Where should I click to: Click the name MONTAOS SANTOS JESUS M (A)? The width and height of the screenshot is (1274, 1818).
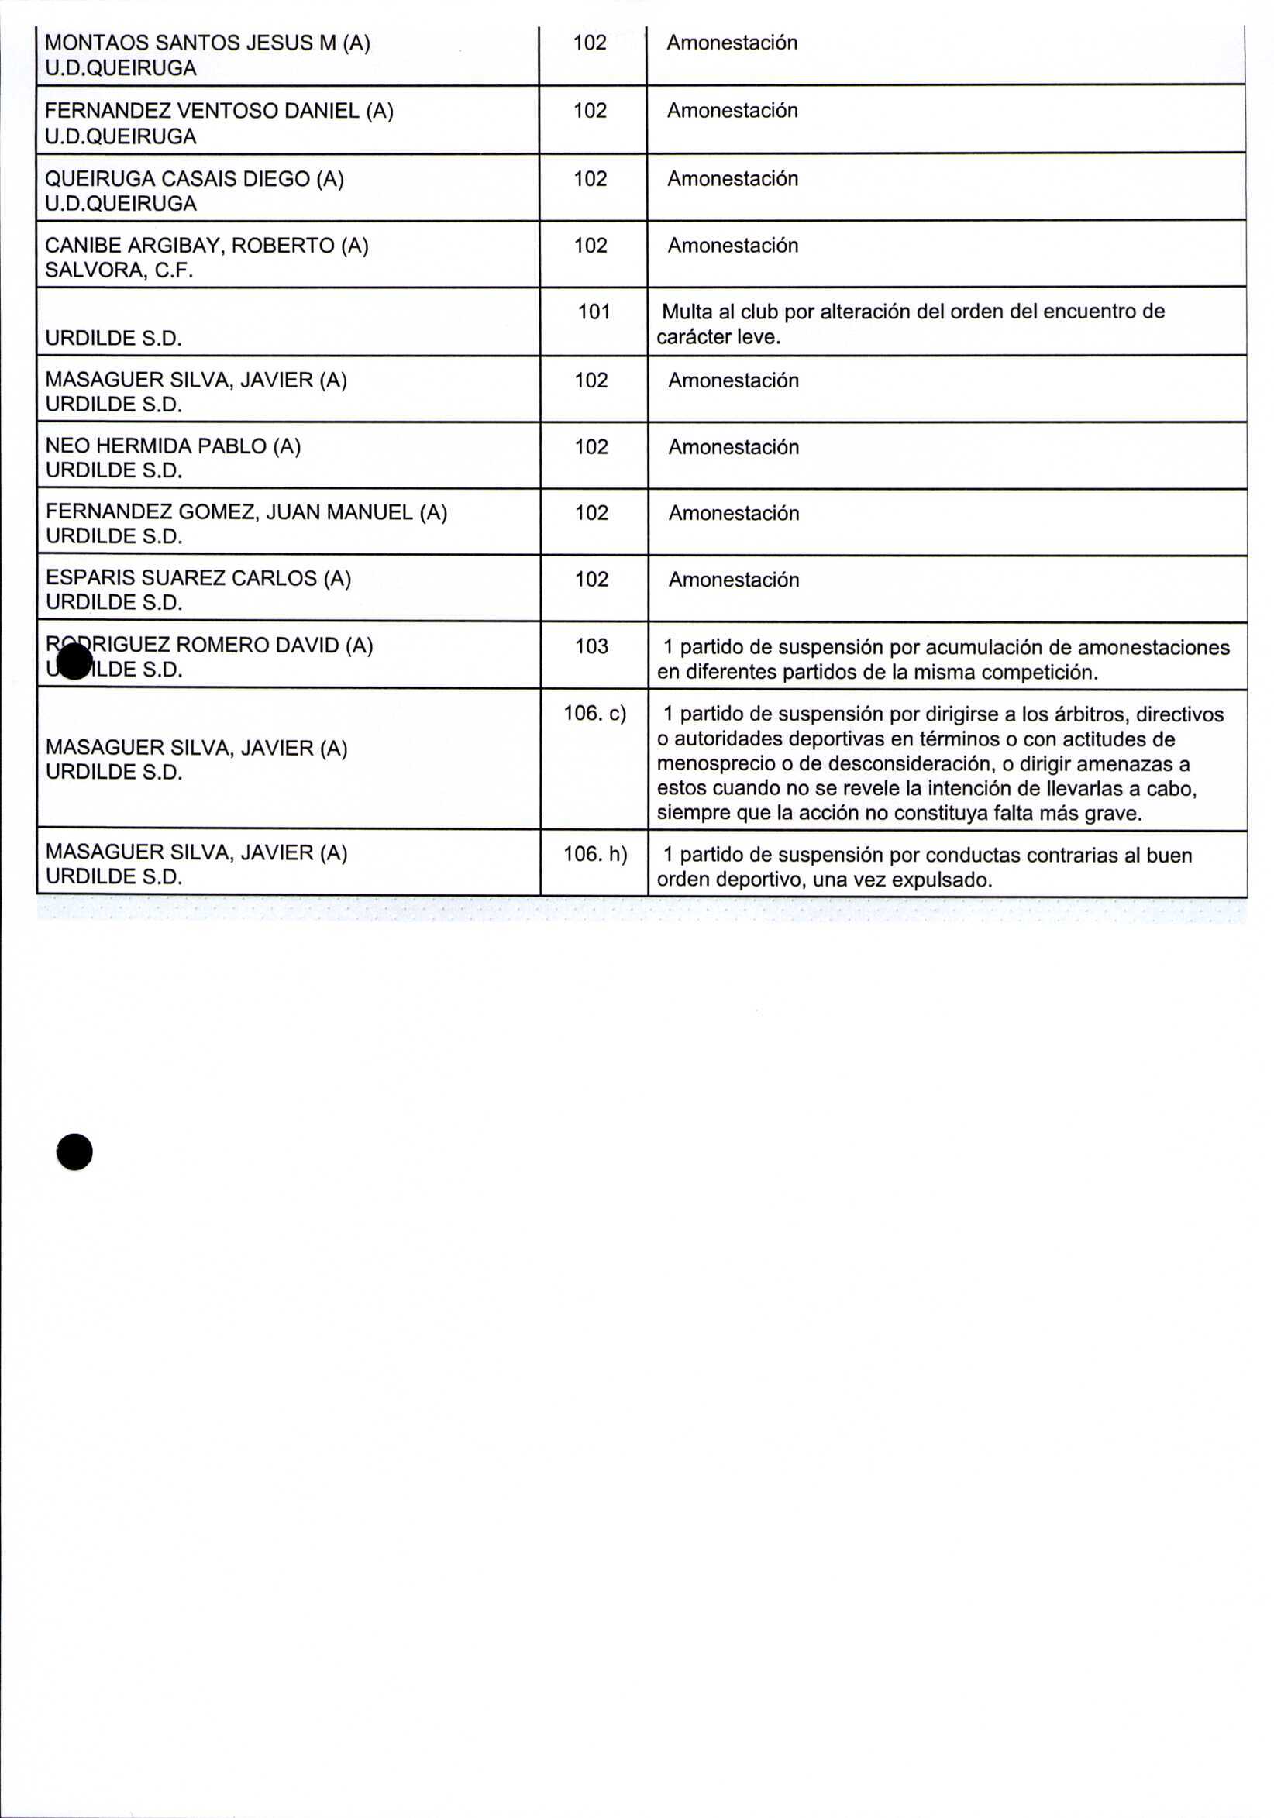tap(208, 43)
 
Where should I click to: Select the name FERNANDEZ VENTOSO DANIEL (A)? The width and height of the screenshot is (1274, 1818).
tap(219, 111)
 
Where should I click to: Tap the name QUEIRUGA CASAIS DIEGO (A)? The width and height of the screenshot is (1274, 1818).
tap(194, 179)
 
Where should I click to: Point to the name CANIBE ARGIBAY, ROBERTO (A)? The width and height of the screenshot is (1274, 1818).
tap(207, 246)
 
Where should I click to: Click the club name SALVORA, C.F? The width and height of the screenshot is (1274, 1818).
tap(119, 270)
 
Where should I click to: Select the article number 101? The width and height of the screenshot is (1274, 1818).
tap(594, 312)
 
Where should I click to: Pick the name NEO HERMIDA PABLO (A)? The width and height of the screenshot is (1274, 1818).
tap(173, 446)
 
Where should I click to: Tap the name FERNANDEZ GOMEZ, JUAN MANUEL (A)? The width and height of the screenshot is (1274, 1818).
tap(246, 512)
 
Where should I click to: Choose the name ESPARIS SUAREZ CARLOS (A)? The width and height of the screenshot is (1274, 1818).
tap(198, 579)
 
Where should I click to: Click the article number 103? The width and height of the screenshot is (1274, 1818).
tap(591, 646)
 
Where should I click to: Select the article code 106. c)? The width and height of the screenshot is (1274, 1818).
tap(594, 714)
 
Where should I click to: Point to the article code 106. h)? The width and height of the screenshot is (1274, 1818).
tap(594, 854)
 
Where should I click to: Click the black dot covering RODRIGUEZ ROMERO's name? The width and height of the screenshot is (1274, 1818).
tap(75, 660)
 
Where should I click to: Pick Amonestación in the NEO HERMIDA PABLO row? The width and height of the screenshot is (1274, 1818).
tap(733, 447)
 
